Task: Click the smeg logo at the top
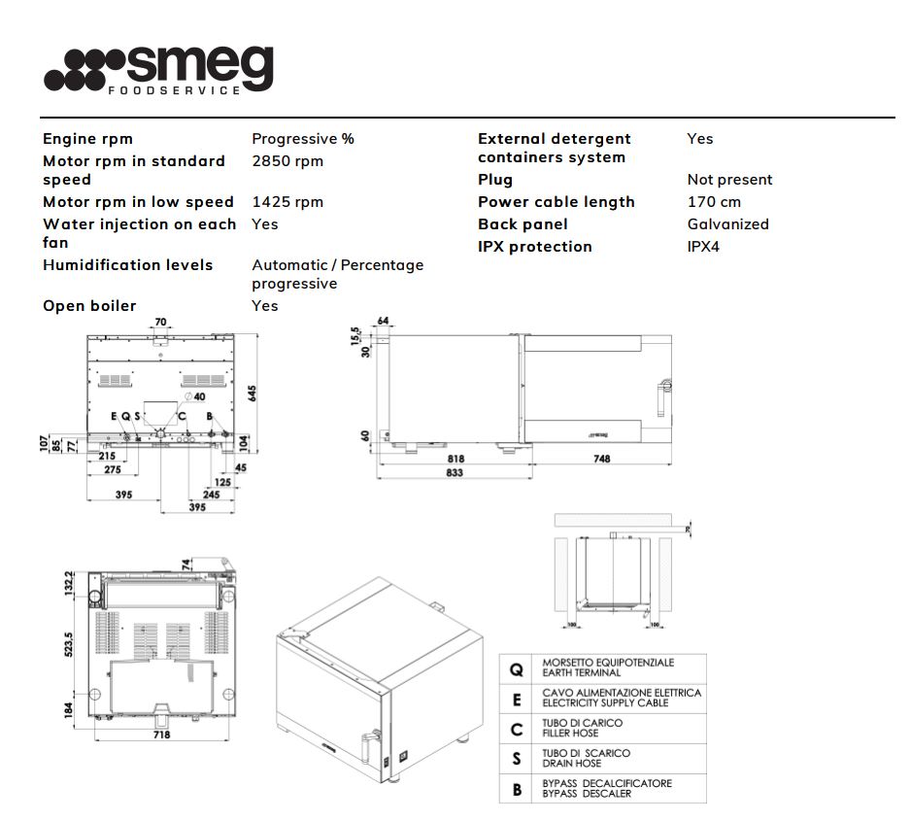pyautogui.click(x=158, y=70)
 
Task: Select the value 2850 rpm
pyautogui.click(x=287, y=160)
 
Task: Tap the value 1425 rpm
pyautogui.click(x=287, y=202)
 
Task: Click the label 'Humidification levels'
pyautogui.click(x=127, y=264)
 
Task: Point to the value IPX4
pyautogui.click(x=703, y=247)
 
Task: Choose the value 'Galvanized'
pyautogui.click(x=727, y=224)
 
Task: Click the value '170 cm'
pyautogui.click(x=714, y=202)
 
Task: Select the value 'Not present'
pyautogui.click(x=729, y=180)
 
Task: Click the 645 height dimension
pyautogui.click(x=253, y=392)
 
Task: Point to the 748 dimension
pyautogui.click(x=601, y=459)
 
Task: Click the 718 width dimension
pyautogui.click(x=161, y=735)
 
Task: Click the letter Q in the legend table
pyautogui.click(x=517, y=669)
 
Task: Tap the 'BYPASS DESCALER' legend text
pyautogui.click(x=587, y=794)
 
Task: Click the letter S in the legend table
pyautogui.click(x=517, y=759)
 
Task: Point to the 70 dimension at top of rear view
pyautogui.click(x=161, y=322)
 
